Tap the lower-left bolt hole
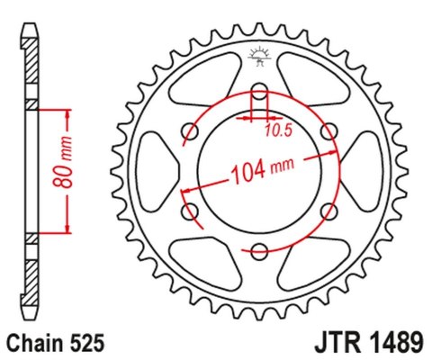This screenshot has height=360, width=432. pos(191,211)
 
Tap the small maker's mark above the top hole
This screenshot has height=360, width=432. pos(259,56)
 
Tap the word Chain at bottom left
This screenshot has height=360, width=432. pos(37,343)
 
